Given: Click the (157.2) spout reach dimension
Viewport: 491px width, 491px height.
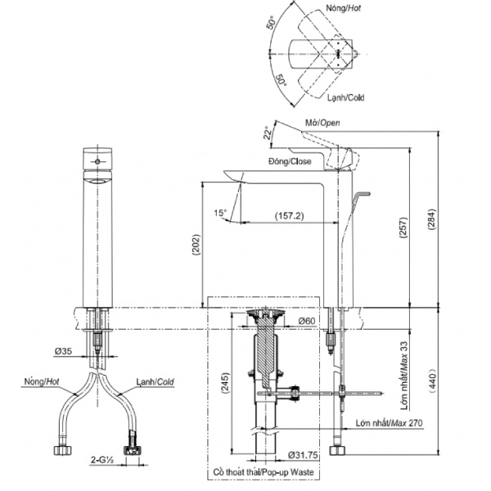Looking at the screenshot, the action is pos(289,216).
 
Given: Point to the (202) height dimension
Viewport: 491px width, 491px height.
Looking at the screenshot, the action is pos(196,245).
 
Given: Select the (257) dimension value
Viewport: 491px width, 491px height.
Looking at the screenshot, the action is pos(403,227).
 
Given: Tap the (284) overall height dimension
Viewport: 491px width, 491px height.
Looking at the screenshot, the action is pos(431,219).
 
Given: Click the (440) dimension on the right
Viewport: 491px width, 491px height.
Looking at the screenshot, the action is pos(432,381).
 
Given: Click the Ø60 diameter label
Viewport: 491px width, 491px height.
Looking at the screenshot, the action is pos(307,321).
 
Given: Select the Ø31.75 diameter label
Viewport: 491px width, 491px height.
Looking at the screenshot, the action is pos(303,455).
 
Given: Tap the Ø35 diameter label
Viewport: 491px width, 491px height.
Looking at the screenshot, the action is pos(63,351).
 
